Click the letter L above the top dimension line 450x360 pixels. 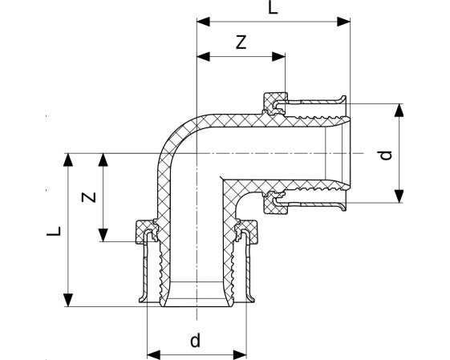(273, 8)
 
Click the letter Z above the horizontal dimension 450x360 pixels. (241, 42)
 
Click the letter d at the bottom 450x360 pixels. (196, 341)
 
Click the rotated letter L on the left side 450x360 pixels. (54, 231)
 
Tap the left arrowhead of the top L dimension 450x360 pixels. (203, 22)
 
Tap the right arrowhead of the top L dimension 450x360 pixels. (344, 22)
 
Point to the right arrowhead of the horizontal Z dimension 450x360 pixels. (278, 57)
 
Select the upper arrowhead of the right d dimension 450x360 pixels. (399, 110)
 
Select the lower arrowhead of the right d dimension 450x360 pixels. (399, 196)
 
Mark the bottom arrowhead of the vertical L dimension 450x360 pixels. (68, 300)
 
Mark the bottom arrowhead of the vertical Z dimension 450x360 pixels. (103, 235)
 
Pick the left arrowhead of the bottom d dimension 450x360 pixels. (153, 354)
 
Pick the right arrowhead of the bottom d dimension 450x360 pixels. (240, 354)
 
